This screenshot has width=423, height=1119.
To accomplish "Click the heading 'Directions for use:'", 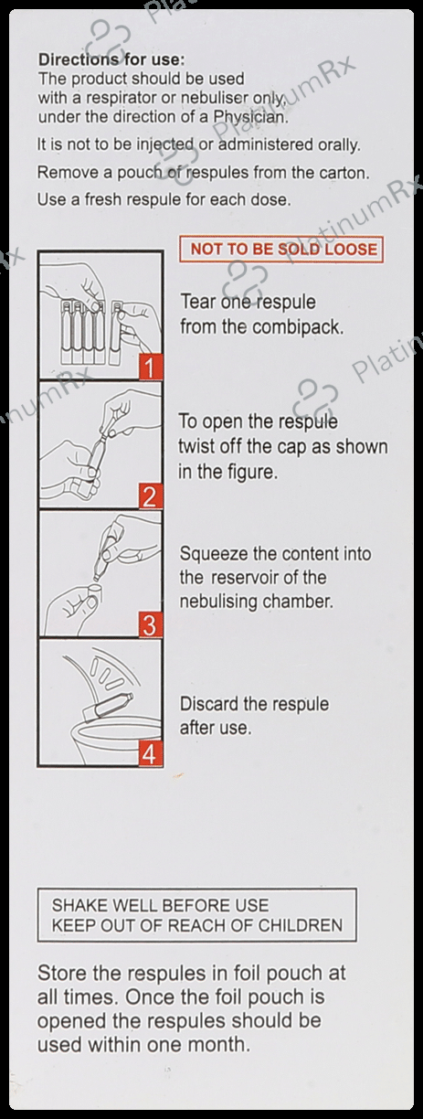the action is pyautogui.click(x=111, y=60).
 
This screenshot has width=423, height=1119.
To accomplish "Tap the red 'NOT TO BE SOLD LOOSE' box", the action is pyautogui.click(x=281, y=250).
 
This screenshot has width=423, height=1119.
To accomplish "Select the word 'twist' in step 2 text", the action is pyautogui.click(x=196, y=446).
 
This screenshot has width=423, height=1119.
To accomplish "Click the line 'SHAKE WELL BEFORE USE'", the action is pyautogui.click(x=160, y=905).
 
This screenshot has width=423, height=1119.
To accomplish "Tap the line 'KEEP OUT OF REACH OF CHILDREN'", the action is pyautogui.click(x=197, y=926).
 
